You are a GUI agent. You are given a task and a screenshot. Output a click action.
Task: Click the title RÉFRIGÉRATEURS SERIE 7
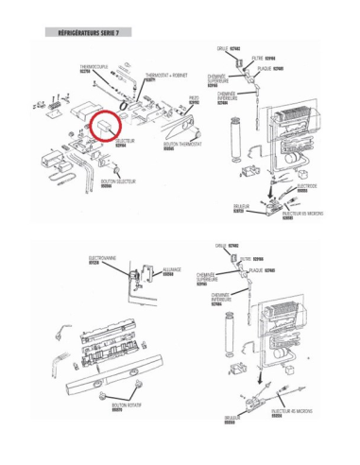(88, 32)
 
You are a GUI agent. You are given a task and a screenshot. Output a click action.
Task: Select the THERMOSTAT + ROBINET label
(164, 76)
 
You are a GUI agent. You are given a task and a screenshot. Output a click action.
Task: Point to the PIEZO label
(192, 99)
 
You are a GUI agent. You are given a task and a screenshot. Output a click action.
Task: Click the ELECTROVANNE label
(102, 257)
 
